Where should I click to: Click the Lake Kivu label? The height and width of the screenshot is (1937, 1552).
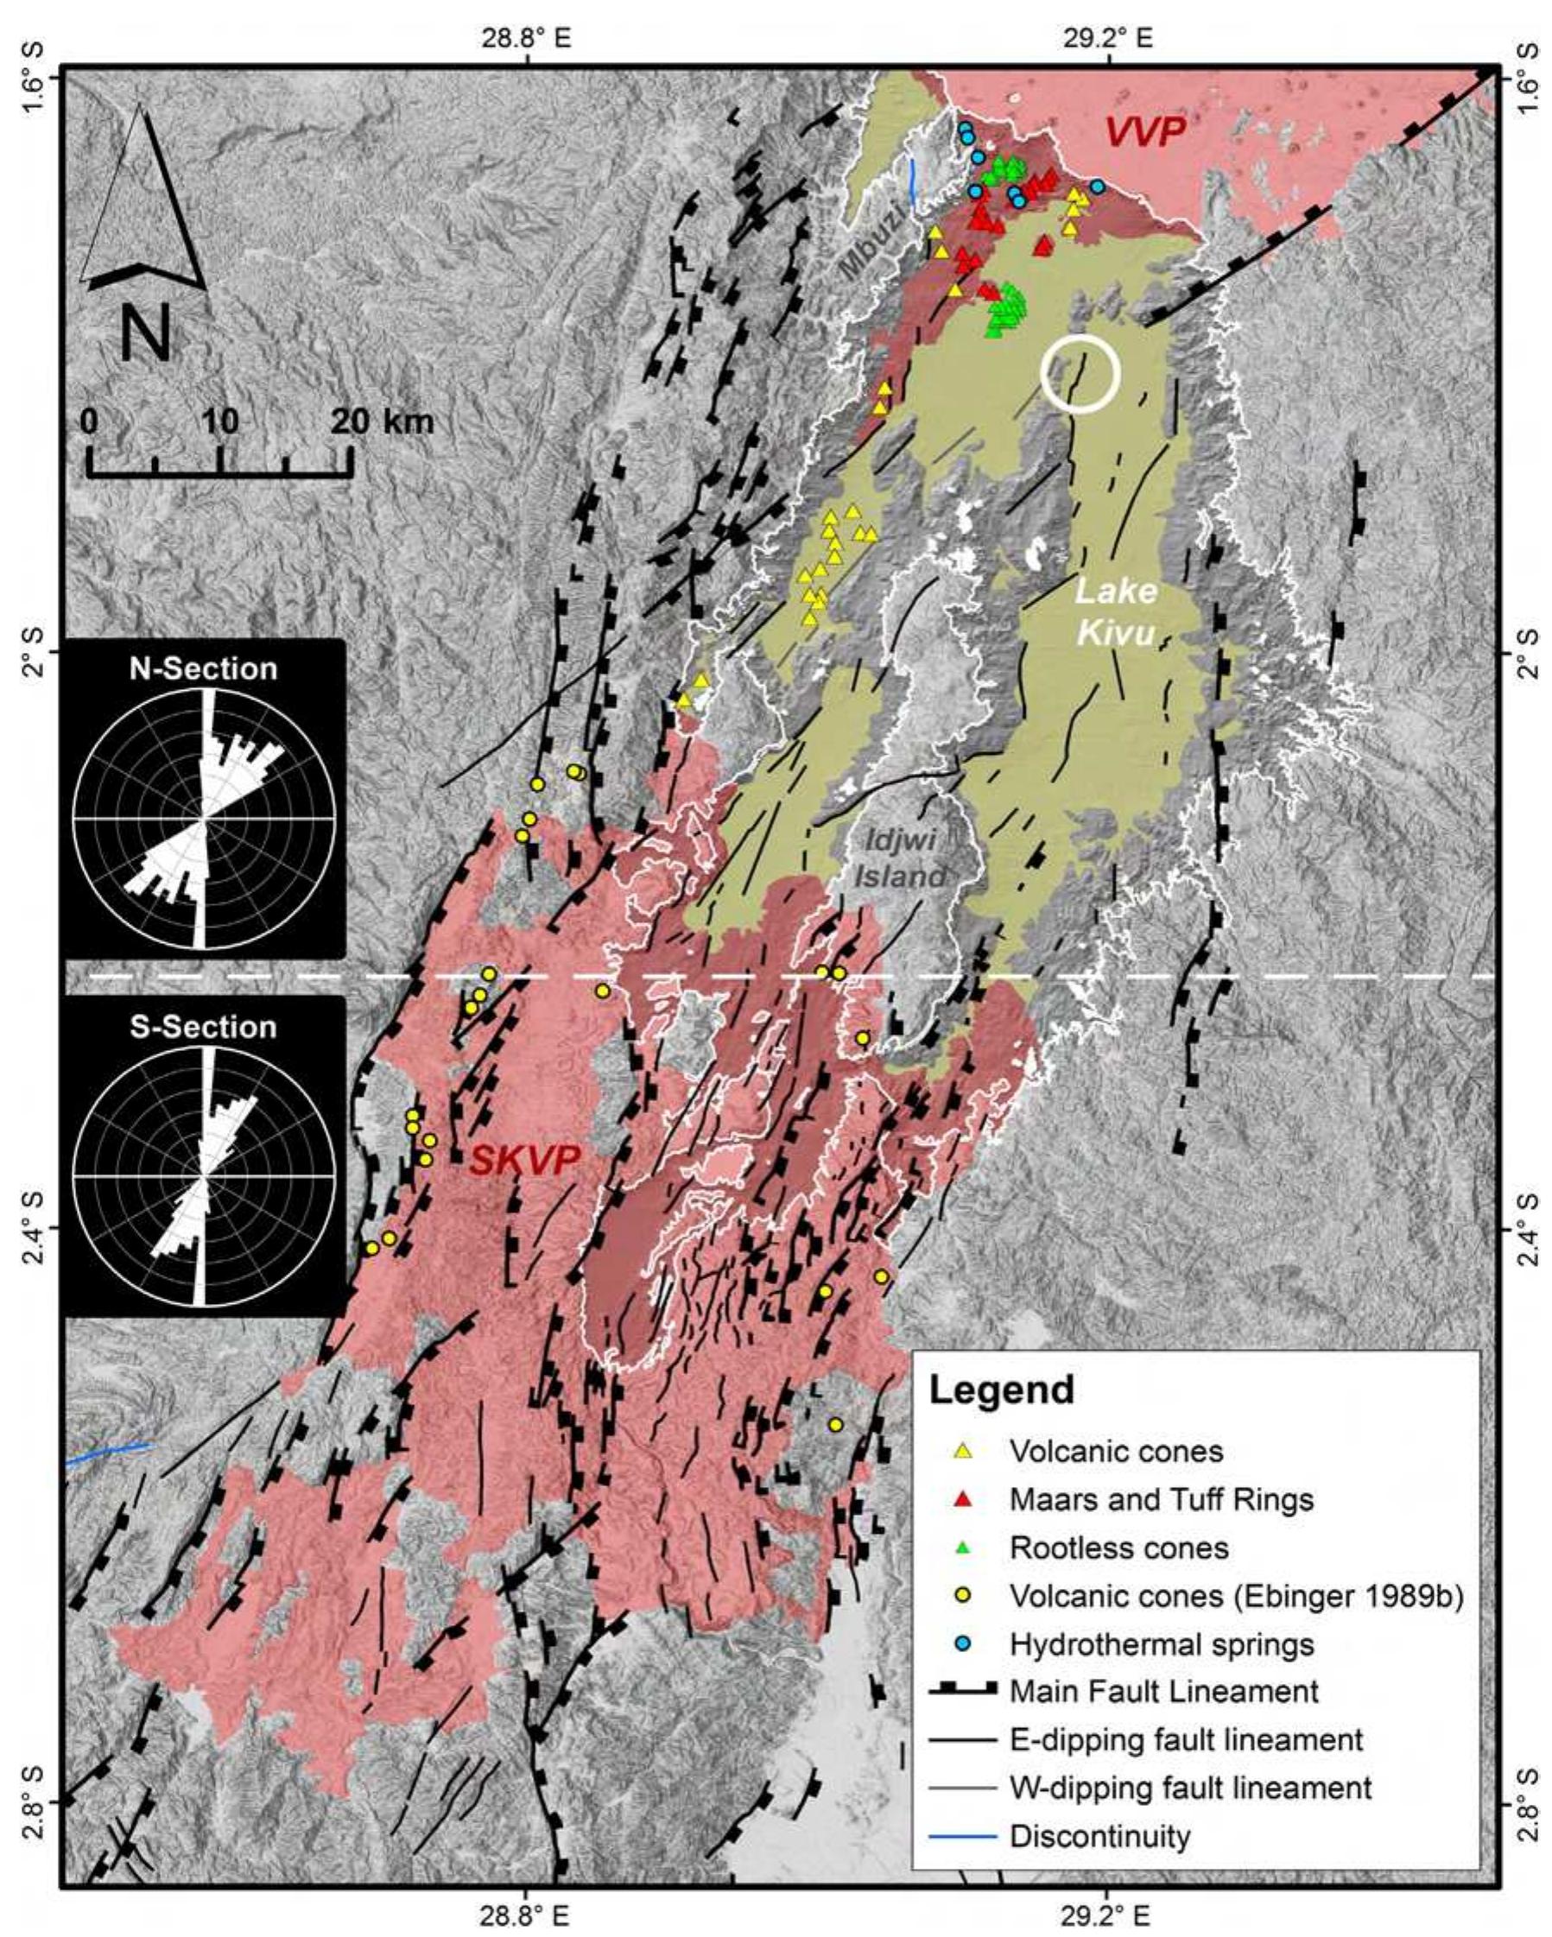tap(1114, 613)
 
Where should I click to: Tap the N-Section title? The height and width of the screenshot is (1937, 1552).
tap(203, 668)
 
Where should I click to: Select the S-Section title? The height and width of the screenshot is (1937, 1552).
tap(203, 1026)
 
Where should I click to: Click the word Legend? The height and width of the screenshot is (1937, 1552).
tap(1001, 1389)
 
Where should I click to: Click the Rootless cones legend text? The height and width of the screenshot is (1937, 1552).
tap(1118, 1547)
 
